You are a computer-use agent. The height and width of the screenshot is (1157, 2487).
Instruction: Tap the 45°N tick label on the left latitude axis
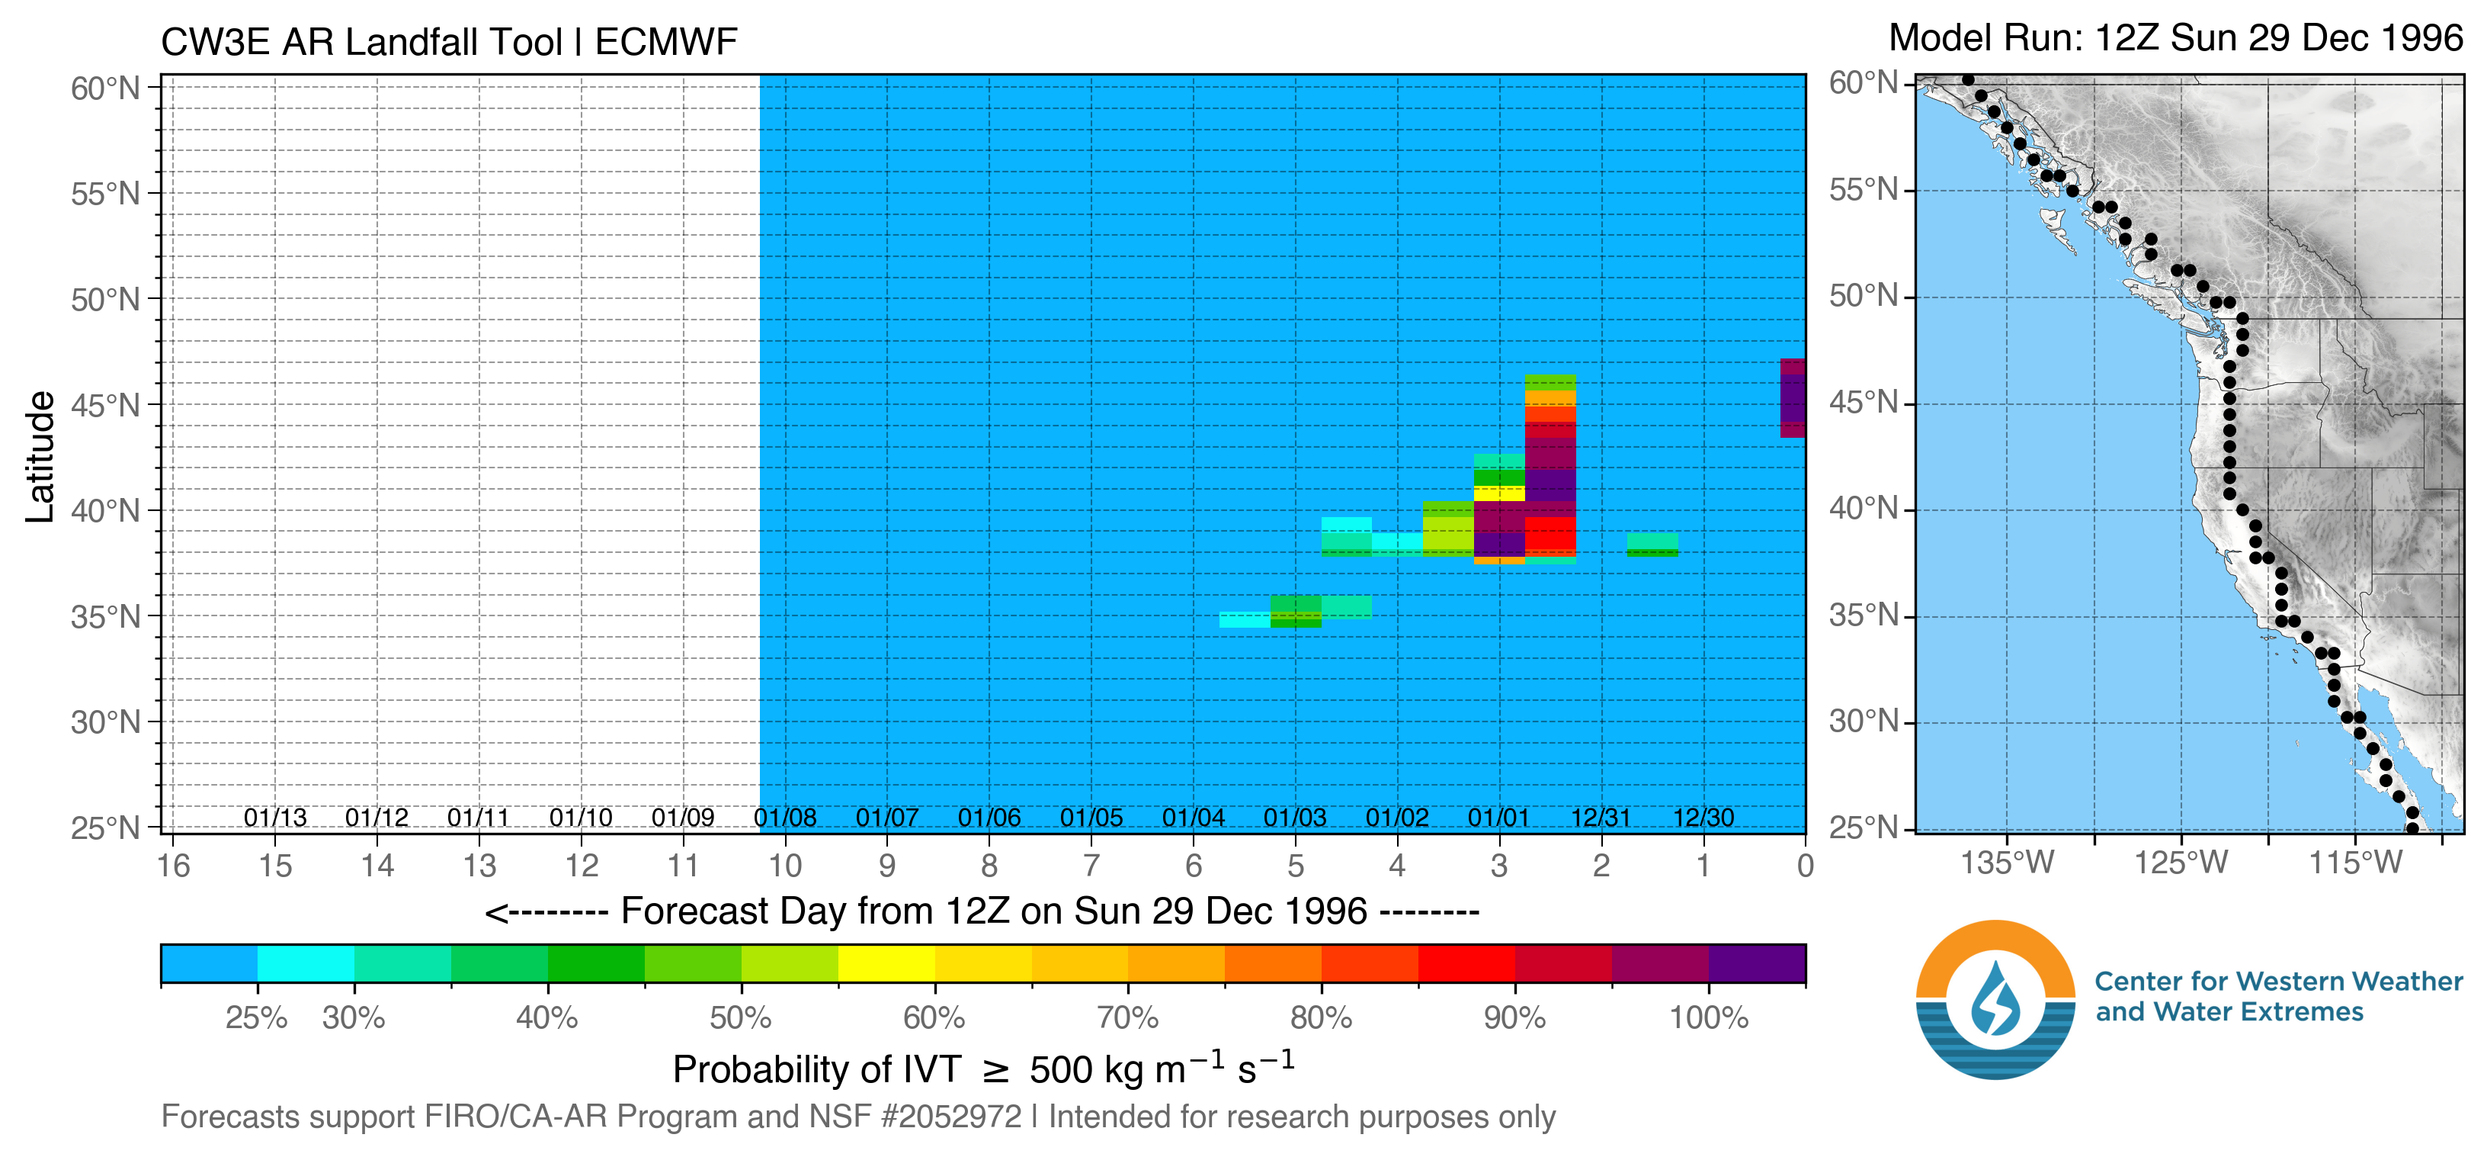pyautogui.click(x=104, y=405)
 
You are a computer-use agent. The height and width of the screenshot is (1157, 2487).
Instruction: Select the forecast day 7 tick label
pyautogui.click(x=1091, y=866)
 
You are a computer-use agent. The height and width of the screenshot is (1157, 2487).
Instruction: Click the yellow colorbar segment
pyautogui.click(x=886, y=964)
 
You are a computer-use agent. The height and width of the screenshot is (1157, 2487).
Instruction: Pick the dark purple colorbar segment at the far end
pyautogui.click(x=1756, y=964)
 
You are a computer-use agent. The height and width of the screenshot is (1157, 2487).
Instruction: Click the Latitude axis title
pyautogui.click(x=40, y=457)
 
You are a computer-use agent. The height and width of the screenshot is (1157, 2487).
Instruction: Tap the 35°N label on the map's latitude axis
pyautogui.click(x=1864, y=615)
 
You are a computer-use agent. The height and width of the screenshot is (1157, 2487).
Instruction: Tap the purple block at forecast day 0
pyautogui.click(x=1793, y=398)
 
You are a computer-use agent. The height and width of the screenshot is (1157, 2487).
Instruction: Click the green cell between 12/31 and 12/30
pyautogui.click(x=1652, y=545)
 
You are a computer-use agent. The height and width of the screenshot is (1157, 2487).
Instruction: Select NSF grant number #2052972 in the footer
pyautogui.click(x=951, y=1117)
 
